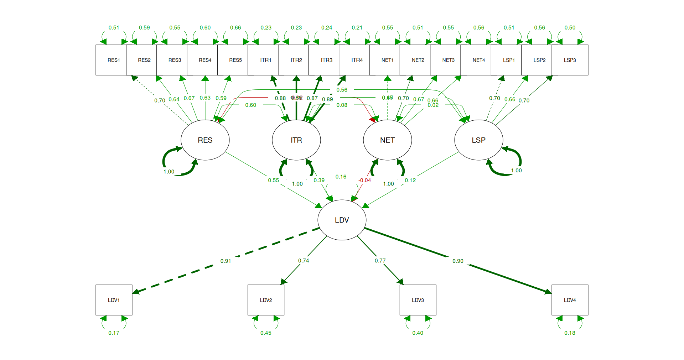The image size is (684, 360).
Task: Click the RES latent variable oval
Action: [205, 140]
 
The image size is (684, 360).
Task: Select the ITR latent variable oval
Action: [296, 140]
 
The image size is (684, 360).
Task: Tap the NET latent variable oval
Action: [387, 140]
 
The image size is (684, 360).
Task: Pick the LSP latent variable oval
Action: [478, 140]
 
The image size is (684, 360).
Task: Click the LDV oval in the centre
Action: [342, 220]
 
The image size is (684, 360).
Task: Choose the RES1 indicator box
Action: [114, 60]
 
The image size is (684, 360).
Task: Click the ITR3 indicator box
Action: [326, 60]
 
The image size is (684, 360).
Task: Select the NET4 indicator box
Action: [478, 60]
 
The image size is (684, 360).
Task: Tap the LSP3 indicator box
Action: [570, 60]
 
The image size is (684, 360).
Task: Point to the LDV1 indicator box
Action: [114, 300]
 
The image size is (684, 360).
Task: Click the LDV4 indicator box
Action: [570, 300]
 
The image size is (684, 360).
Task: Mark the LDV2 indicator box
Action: [266, 300]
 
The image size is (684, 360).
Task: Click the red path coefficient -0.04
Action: [365, 180]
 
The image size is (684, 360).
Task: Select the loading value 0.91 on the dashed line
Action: [226, 261]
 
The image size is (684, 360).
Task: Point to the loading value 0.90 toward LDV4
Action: [458, 261]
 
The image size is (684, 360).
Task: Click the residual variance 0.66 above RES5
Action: [235, 27]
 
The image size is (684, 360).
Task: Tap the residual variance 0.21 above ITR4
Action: [357, 27]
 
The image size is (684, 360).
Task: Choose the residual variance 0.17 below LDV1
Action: [114, 333]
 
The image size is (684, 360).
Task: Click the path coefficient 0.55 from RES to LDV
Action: [274, 180]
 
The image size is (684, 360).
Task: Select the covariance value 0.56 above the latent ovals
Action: [342, 90]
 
